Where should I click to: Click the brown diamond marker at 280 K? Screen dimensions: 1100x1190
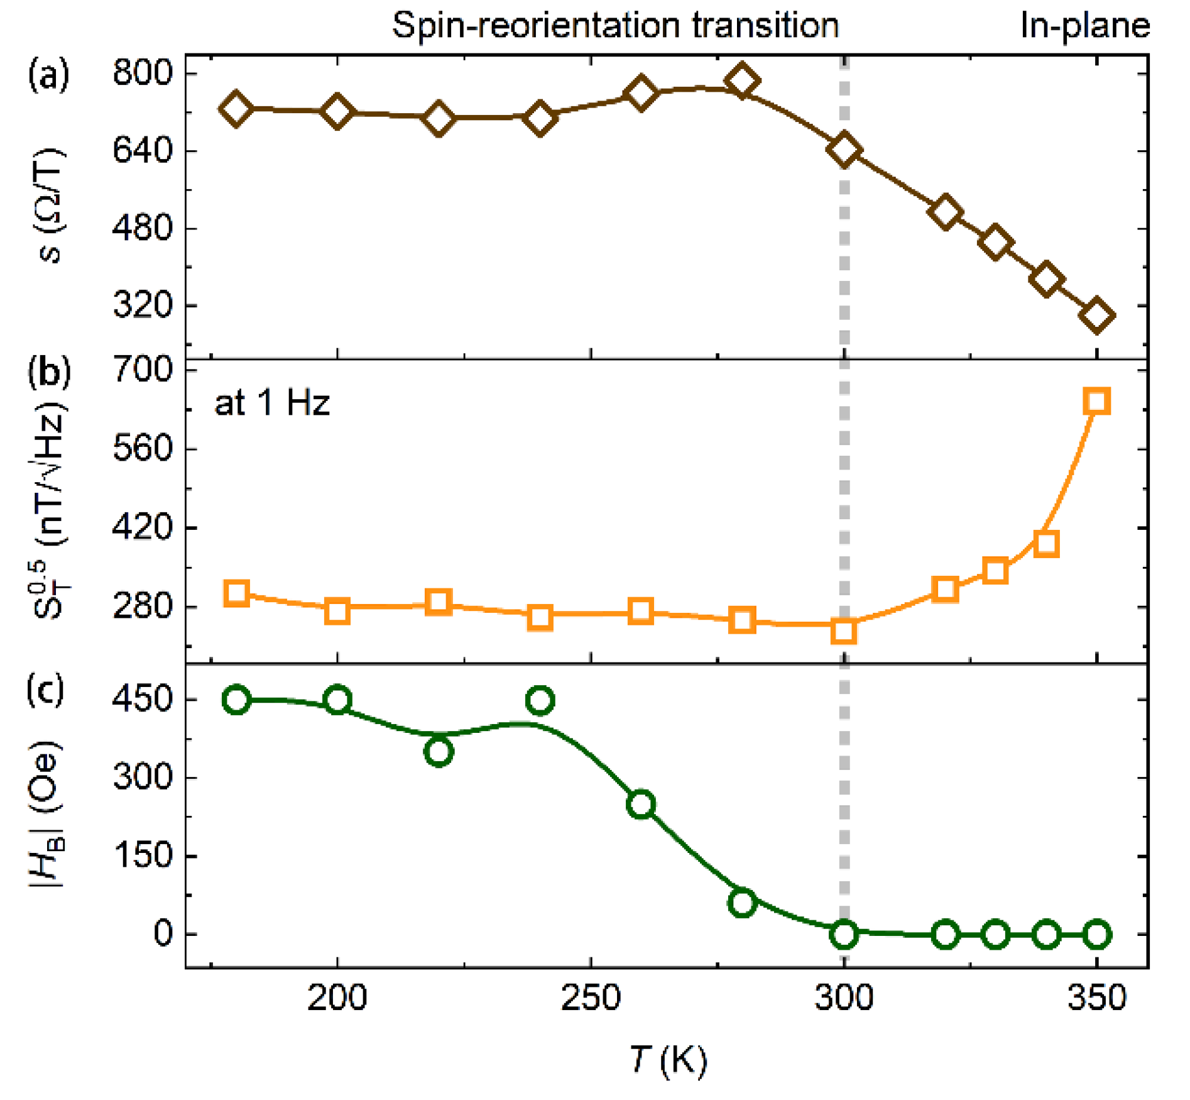coord(742,80)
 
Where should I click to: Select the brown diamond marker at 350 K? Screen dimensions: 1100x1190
coord(1096,316)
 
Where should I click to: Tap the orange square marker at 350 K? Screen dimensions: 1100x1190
coord(1096,401)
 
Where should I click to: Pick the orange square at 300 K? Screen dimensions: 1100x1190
coord(843,630)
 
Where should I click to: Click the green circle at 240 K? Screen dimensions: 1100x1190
coord(540,700)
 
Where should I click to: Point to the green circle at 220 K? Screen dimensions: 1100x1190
coord(439,751)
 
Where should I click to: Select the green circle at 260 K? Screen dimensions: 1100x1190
coord(641,804)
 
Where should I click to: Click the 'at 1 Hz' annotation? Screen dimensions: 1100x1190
coord(271,403)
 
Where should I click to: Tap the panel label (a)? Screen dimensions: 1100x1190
coord(48,75)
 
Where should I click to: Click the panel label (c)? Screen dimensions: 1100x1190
coord(45,690)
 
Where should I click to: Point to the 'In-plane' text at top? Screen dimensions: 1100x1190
coord(1085,26)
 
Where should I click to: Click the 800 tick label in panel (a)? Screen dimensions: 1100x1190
coord(142,73)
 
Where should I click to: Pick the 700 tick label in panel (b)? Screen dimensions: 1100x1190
coord(142,370)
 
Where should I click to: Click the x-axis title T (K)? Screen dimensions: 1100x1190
coord(668,1059)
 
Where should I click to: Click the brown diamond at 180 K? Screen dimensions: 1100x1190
coord(236,108)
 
